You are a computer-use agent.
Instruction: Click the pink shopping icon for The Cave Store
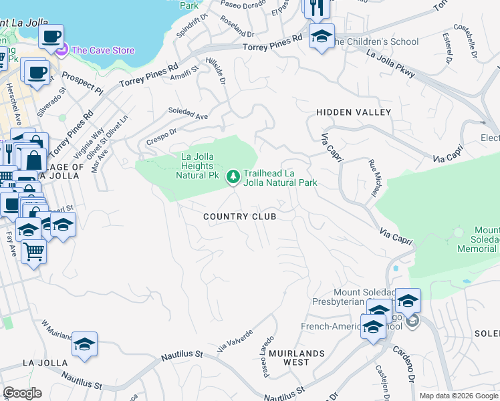pyautogui.click(x=62, y=49)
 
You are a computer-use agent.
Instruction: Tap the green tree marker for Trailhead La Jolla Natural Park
pyautogui.click(x=233, y=176)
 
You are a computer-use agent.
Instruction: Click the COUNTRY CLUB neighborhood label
pyautogui.click(x=239, y=217)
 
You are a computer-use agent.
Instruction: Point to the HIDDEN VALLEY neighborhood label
pyautogui.click(x=353, y=112)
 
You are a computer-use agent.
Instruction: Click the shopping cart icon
pyautogui.click(x=33, y=252)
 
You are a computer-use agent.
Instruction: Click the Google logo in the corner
pyautogui.click(x=22, y=393)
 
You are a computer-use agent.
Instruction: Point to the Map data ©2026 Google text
pyautogui.click(x=459, y=396)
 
